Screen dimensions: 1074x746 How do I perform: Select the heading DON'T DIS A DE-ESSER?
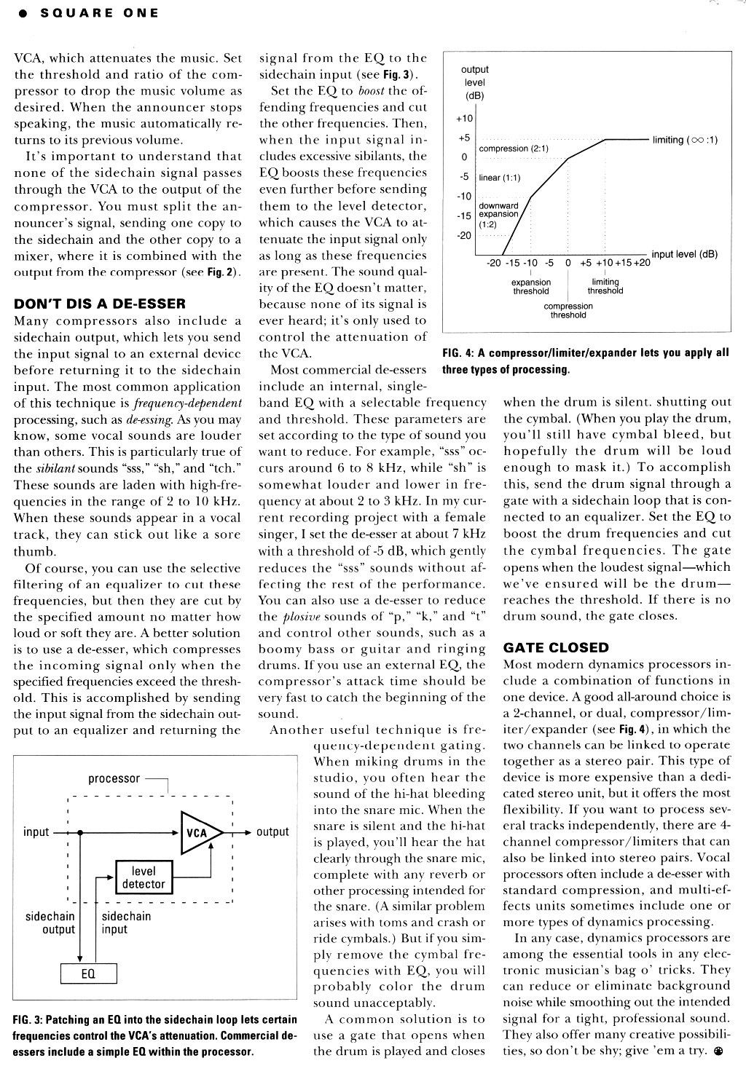coord(100,304)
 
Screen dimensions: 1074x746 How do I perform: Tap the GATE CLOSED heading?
coord(556,648)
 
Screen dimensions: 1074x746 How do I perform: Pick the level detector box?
coord(144,878)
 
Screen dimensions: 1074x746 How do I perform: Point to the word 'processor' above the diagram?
coord(114,778)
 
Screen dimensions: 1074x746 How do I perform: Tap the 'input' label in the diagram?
coord(36,832)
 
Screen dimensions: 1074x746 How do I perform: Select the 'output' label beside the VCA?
coord(272,832)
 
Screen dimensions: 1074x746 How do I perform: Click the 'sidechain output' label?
coord(50,923)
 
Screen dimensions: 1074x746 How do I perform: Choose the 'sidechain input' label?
coord(126,923)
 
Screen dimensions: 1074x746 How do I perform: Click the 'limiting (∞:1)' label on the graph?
coord(685,140)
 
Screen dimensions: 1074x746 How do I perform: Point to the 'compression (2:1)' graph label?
coord(514,149)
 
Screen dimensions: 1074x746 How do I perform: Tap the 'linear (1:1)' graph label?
coord(500,178)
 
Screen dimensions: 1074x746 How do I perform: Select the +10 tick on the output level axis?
coord(464,119)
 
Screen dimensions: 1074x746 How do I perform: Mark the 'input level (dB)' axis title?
coord(684,254)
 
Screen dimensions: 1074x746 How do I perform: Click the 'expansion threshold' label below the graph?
coord(531,286)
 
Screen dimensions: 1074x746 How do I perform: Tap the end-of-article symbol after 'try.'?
coord(719,1051)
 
